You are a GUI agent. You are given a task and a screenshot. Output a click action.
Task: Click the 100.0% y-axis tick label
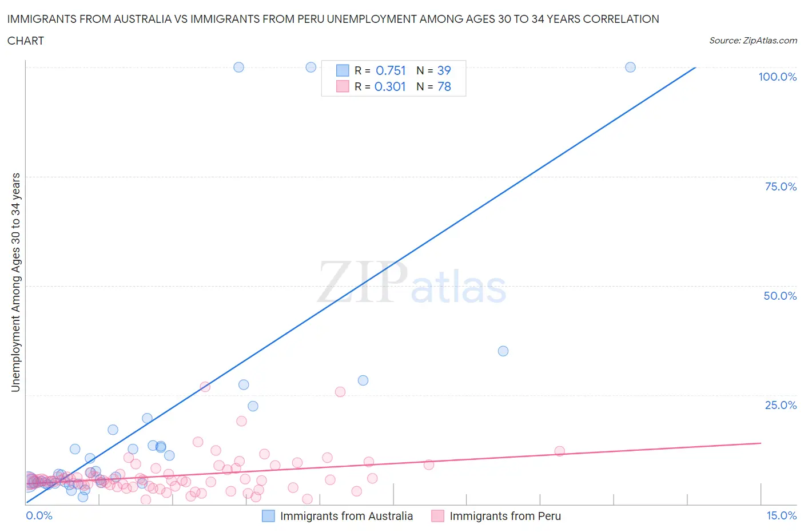(777, 77)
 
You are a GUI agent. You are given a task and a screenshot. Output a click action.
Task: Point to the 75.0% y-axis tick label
(781, 186)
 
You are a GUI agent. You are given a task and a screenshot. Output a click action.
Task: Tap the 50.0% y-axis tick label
(780, 296)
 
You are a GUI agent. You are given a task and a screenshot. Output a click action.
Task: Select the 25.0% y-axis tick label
(781, 405)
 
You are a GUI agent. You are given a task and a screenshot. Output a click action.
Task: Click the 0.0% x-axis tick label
(39, 515)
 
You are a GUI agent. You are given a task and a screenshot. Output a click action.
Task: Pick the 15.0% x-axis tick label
(781, 515)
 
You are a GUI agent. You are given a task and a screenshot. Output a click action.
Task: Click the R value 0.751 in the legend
(391, 70)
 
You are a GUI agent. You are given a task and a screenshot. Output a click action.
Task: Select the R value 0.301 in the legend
(390, 86)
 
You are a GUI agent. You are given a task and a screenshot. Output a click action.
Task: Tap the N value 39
(444, 70)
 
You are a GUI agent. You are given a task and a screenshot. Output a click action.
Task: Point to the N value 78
(444, 86)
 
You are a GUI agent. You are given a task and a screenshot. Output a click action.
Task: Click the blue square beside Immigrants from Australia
(268, 516)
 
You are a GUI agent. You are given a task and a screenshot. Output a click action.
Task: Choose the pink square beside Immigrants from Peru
(438, 516)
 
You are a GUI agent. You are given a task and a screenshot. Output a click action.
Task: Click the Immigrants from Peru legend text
(505, 516)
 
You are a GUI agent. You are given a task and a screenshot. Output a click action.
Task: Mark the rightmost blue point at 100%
(630, 67)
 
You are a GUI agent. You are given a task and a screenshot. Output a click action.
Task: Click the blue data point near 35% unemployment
(503, 351)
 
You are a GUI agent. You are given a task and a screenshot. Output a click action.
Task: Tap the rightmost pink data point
(559, 451)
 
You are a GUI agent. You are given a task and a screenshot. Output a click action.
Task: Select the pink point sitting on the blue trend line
(205, 387)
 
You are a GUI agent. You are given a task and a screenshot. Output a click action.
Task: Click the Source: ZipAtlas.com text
(753, 41)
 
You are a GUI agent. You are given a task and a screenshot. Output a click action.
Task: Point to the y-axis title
(15, 282)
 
